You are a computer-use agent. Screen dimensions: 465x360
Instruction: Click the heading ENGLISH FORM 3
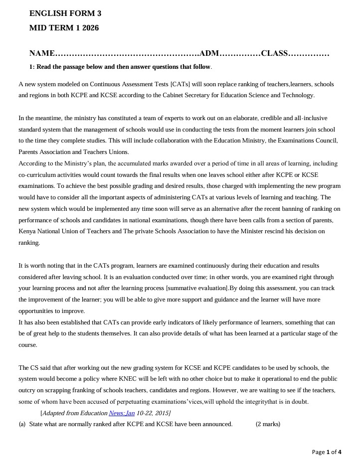tap(65, 13)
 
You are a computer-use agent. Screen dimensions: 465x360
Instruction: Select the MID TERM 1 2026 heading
tap(64, 28)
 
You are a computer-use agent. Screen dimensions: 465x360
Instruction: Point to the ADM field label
tap(209, 53)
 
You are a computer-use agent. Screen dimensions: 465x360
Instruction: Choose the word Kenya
tap(27, 231)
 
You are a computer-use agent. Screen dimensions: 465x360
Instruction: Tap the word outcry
tap(27, 390)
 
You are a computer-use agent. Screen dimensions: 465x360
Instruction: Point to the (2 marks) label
tap(268, 424)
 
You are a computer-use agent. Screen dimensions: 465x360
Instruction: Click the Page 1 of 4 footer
tap(327, 452)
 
